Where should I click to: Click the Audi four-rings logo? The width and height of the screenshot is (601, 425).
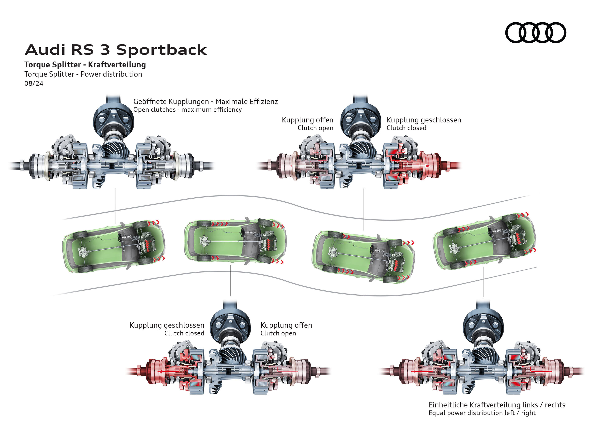(535, 33)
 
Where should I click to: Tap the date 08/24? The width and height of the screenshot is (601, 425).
(34, 83)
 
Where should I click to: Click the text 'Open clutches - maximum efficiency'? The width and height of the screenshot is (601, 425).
(187, 110)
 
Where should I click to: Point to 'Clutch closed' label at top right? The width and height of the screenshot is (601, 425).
(406, 128)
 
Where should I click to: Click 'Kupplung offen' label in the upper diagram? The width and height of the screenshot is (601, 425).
(307, 120)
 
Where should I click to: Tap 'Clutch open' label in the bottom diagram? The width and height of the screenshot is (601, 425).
(278, 333)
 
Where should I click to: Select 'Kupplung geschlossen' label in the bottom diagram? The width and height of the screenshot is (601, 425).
(167, 325)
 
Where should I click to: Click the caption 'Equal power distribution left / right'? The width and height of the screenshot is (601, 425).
(482, 413)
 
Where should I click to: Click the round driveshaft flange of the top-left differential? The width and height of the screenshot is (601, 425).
(114, 121)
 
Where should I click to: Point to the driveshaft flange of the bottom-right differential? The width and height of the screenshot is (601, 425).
(483, 326)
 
